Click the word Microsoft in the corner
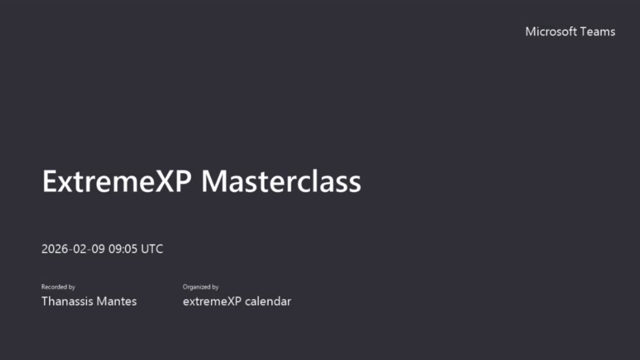(x=550, y=31)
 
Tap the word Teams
(x=597, y=31)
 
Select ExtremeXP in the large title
(x=117, y=181)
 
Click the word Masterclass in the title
(x=281, y=181)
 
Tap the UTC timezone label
(x=152, y=249)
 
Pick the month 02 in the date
(x=80, y=249)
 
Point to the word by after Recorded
(x=71, y=287)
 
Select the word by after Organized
(x=215, y=287)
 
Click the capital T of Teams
(x=583, y=31)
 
